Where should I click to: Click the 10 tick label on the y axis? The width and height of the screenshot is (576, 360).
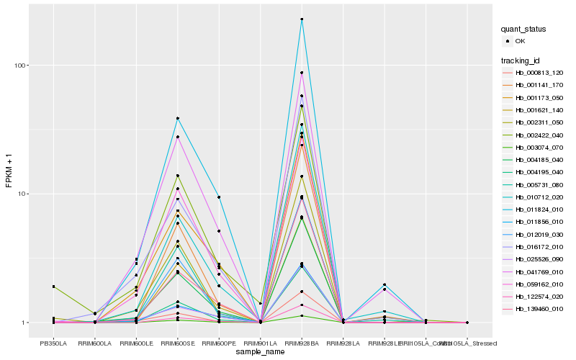pyautogui.click(x=22, y=194)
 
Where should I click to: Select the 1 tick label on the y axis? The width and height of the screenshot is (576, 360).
pyautogui.click(x=24, y=323)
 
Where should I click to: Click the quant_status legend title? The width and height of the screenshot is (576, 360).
pyautogui.click(x=523, y=30)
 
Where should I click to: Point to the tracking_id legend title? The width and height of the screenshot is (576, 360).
pyautogui.click(x=522, y=60)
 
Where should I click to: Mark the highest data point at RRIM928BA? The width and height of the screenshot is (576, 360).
pyautogui.click(x=302, y=19)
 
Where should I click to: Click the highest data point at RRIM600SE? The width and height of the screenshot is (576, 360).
pyautogui.click(x=177, y=118)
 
